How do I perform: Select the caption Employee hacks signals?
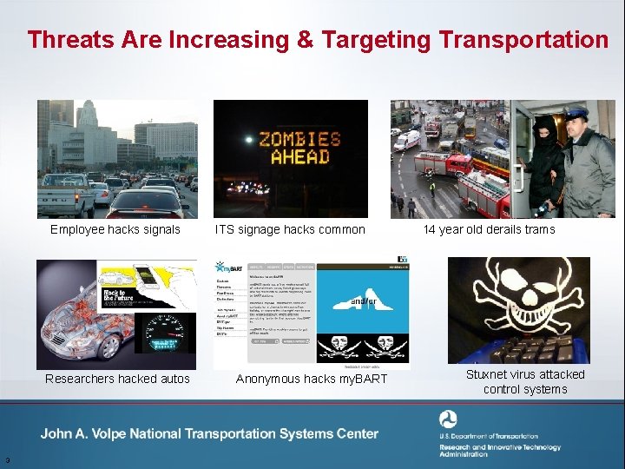pos(115,230)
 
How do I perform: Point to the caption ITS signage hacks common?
pos(290,230)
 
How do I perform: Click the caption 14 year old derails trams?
pos(489,230)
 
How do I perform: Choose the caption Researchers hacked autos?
pos(117,379)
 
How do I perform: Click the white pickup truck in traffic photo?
pos(66,196)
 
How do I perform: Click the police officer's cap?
pos(576,113)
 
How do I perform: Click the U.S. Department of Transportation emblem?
pos(448,419)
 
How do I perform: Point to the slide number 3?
pos(6,460)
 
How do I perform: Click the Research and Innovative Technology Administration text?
pos(499,450)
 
